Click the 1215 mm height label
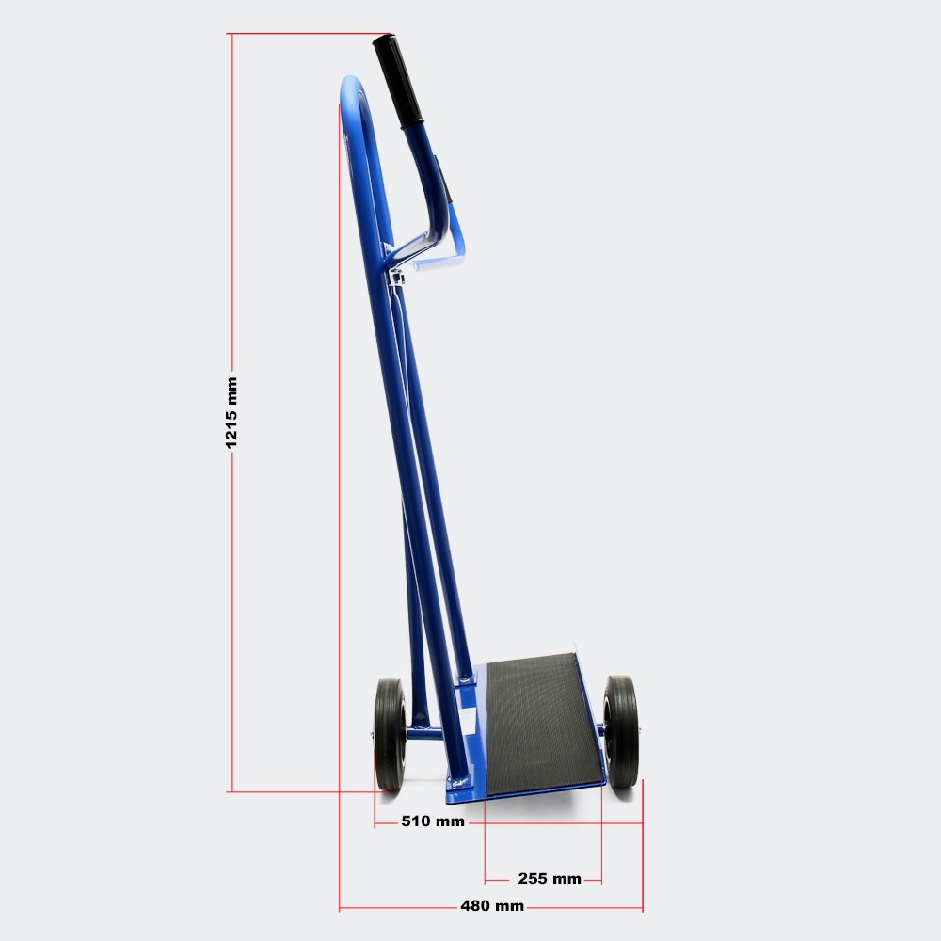coord(231,412)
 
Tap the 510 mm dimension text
coord(433,821)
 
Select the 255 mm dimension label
coord(550,879)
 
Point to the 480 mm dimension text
coord(492,905)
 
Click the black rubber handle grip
coord(397,81)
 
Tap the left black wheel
coord(391,735)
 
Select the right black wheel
coord(620,731)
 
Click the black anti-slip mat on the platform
coord(542,723)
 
